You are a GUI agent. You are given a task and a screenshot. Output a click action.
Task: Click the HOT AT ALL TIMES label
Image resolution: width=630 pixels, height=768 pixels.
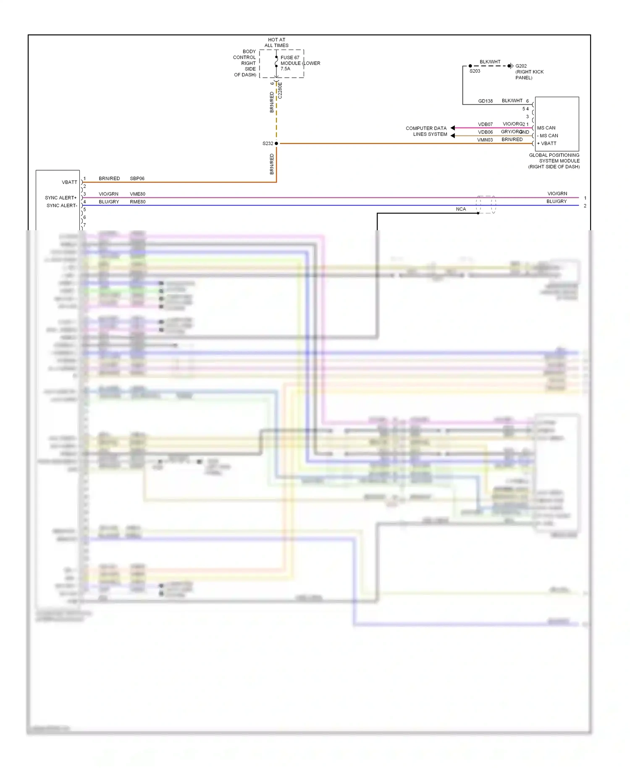click(276, 42)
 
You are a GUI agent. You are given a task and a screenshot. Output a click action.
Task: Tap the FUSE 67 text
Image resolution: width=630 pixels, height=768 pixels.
click(290, 58)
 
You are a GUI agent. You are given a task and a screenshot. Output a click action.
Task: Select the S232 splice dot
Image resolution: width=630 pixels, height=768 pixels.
click(276, 143)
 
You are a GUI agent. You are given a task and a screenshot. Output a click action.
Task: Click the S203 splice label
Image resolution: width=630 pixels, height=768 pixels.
click(475, 71)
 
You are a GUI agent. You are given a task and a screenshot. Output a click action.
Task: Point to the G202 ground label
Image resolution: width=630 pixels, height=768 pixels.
click(521, 66)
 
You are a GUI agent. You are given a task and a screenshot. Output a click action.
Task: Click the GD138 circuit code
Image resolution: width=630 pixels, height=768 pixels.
click(485, 101)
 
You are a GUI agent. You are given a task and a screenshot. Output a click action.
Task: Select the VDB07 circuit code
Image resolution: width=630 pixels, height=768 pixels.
click(485, 124)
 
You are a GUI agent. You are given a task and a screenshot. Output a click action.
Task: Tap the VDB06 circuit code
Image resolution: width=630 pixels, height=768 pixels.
click(485, 132)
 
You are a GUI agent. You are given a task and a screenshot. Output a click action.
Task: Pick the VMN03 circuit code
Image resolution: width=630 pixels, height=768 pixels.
click(485, 140)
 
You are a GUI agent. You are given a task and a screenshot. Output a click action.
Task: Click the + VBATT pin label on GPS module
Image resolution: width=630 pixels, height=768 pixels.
click(547, 143)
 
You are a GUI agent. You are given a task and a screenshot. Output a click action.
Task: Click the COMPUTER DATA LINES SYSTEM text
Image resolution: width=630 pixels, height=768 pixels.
click(426, 131)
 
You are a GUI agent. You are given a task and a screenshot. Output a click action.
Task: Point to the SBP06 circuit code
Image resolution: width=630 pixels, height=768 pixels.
click(137, 179)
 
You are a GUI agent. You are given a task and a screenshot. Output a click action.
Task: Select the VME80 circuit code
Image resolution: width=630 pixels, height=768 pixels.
click(137, 194)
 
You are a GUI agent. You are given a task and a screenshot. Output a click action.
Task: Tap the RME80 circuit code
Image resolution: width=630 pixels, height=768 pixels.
click(137, 202)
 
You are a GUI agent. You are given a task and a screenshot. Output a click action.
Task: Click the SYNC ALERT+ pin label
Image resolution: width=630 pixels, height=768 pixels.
click(61, 198)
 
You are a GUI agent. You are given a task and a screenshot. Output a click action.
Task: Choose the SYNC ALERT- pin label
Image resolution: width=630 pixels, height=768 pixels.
click(62, 205)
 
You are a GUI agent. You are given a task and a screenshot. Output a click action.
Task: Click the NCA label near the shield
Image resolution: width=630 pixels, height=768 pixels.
click(461, 209)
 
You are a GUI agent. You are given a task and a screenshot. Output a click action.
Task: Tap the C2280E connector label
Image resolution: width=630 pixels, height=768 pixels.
click(280, 90)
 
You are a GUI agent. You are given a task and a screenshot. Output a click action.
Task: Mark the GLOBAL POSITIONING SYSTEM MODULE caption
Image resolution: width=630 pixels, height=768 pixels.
click(554, 161)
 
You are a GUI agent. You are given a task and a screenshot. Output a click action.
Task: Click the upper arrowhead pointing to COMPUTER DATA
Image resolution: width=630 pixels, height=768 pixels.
click(453, 128)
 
